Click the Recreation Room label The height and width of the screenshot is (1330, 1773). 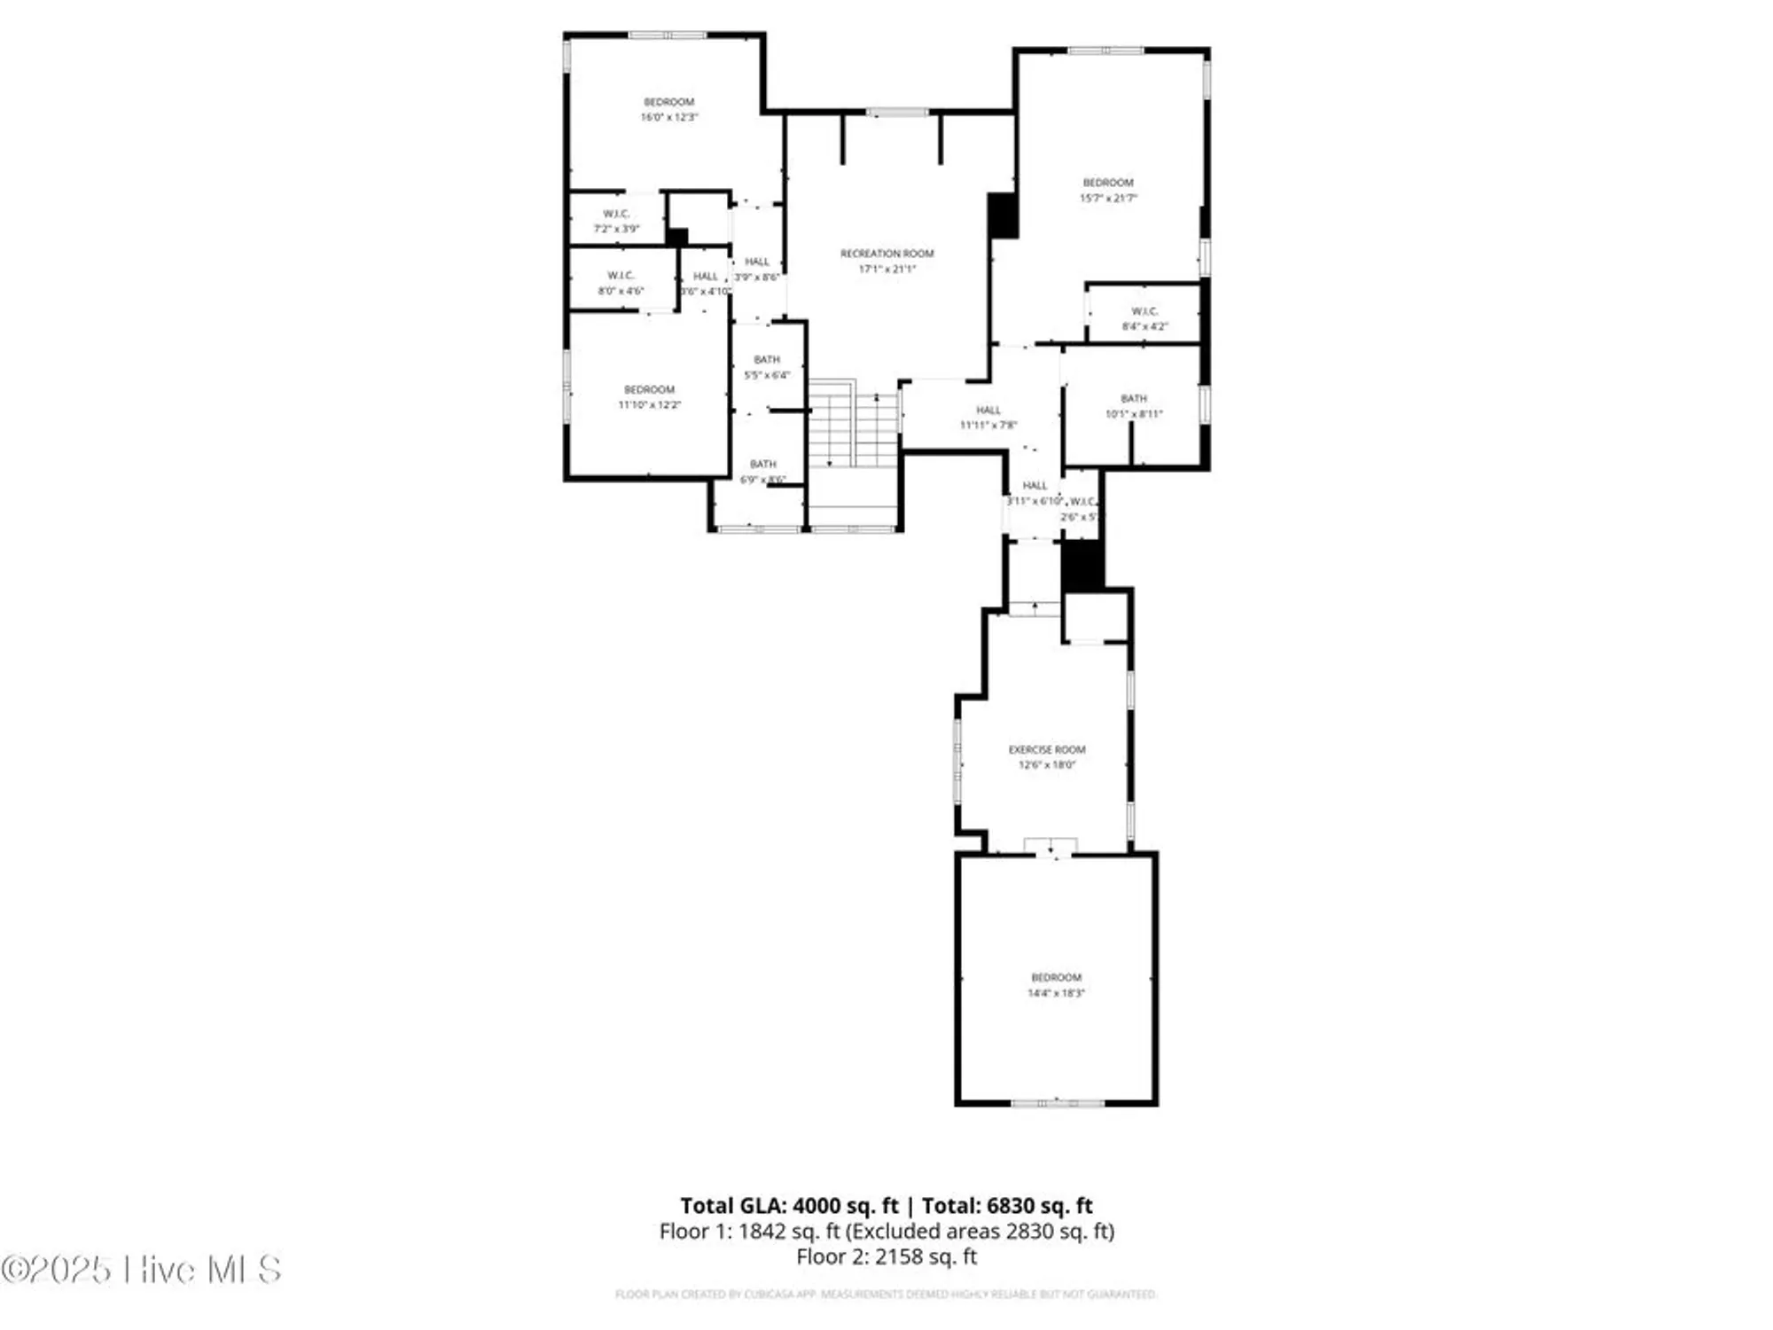click(886, 254)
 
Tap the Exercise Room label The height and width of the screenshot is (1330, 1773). click(1046, 749)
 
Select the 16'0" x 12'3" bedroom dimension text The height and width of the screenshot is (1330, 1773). click(669, 117)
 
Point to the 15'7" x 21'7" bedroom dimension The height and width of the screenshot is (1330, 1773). click(1107, 198)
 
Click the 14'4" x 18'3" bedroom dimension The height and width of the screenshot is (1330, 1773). click(1056, 993)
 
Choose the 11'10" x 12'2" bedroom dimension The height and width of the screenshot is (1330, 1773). click(649, 405)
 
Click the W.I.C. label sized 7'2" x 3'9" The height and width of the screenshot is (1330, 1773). click(616, 214)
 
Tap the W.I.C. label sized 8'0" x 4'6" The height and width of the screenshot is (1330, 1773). click(621, 276)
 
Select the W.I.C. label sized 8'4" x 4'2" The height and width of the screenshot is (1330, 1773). click(1144, 311)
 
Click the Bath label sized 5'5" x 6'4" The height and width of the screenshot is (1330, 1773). click(767, 359)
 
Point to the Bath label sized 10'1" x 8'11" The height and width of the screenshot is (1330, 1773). click(1133, 399)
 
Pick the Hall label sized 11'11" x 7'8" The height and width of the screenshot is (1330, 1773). click(988, 411)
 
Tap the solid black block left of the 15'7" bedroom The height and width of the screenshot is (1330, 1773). click(1003, 215)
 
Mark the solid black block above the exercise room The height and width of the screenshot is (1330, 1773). click(1082, 566)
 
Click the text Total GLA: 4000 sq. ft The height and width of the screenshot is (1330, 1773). click(789, 1206)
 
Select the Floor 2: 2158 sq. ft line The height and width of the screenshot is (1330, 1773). click(886, 1256)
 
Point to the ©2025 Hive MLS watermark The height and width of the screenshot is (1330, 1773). click(142, 1270)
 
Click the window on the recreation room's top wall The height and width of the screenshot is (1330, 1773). click(897, 113)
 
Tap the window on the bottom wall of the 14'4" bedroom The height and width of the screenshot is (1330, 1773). click(1058, 1103)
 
